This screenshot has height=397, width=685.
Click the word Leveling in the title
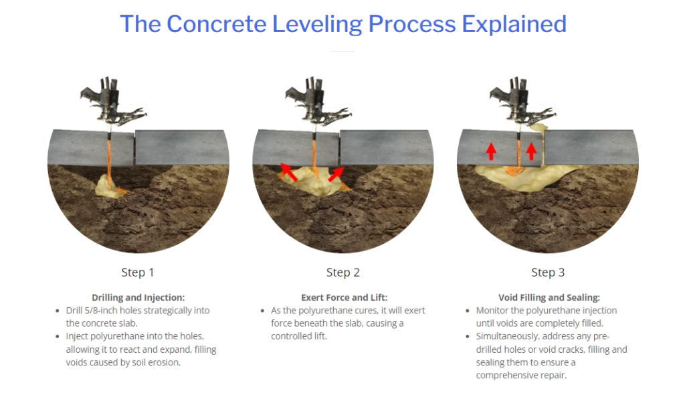coord(317,25)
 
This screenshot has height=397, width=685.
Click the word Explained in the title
coord(514,25)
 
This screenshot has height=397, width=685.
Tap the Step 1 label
coord(138,272)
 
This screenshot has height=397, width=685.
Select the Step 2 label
coord(343,272)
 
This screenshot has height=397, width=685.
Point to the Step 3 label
coord(548,272)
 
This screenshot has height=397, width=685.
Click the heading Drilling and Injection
coord(138,297)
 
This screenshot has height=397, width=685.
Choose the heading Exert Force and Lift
coord(345,297)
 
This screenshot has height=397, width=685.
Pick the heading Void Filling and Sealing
coord(549,297)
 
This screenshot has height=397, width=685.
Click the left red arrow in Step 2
coord(288,172)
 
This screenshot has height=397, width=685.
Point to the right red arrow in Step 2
coord(336,174)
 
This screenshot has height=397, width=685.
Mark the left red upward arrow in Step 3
coord(492,151)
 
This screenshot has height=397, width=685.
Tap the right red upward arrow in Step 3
coord(531,151)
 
